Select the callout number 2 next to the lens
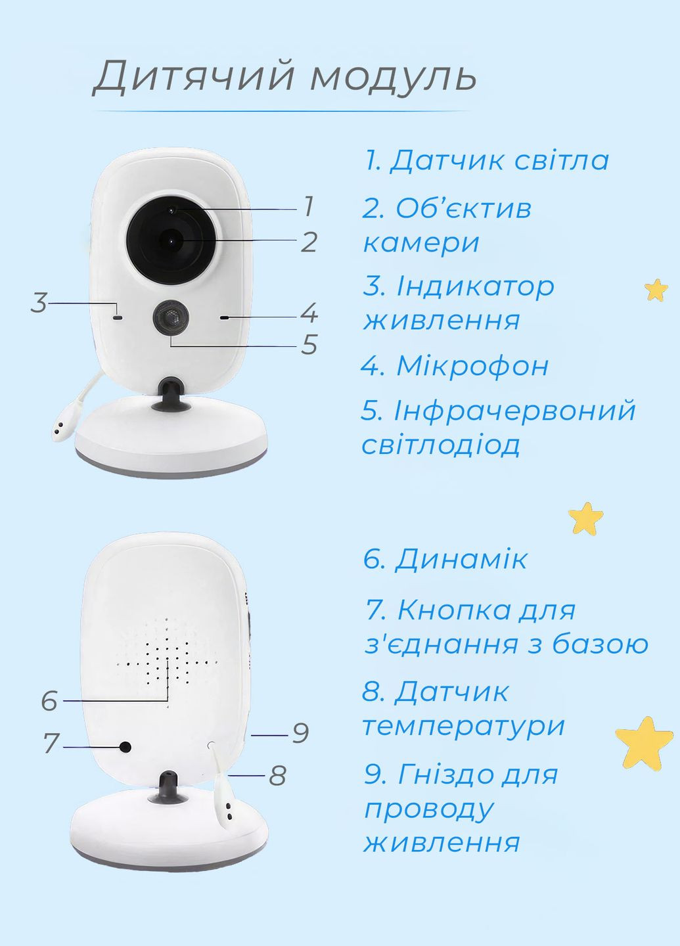pyautogui.click(x=309, y=242)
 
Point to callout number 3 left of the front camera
pyautogui.click(x=39, y=303)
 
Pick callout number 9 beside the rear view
pyautogui.click(x=300, y=732)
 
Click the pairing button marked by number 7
pyautogui.click(x=125, y=747)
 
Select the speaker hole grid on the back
pyautogui.click(x=167, y=660)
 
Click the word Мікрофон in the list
pyautogui.click(x=472, y=366)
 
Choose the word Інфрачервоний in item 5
pyautogui.click(x=514, y=411)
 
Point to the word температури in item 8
pyautogui.click(x=464, y=726)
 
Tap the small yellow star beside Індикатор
pyautogui.click(x=656, y=290)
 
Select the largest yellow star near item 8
pyautogui.click(x=645, y=743)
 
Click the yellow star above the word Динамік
pyautogui.click(x=585, y=519)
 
